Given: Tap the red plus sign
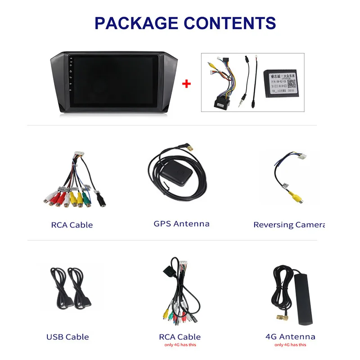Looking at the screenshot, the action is [186, 84].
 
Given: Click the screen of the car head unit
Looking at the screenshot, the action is [112, 82].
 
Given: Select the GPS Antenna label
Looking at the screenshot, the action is [181, 224].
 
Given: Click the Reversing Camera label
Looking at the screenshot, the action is [289, 225].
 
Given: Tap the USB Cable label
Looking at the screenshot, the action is [67, 337].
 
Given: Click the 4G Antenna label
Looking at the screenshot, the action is [290, 337].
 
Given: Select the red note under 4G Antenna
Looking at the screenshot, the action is [290, 345].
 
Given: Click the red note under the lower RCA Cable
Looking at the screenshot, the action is [180, 345].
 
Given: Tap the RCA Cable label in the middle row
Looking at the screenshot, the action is [72, 225].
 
